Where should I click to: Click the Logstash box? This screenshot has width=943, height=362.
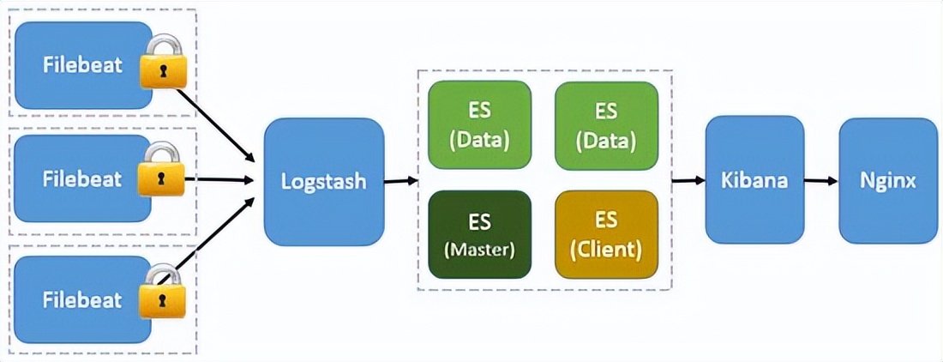tap(324, 181)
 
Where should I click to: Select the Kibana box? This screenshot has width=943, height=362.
tap(754, 180)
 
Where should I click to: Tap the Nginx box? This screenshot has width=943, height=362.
tap(888, 180)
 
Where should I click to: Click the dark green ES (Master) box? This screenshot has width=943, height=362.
tap(479, 234)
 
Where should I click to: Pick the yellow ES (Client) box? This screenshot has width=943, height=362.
tap(606, 234)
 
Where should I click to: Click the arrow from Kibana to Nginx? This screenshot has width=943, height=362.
tap(821, 181)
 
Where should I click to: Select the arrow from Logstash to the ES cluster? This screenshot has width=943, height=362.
tap(400, 181)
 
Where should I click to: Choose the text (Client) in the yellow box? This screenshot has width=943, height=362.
tap(606, 250)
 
